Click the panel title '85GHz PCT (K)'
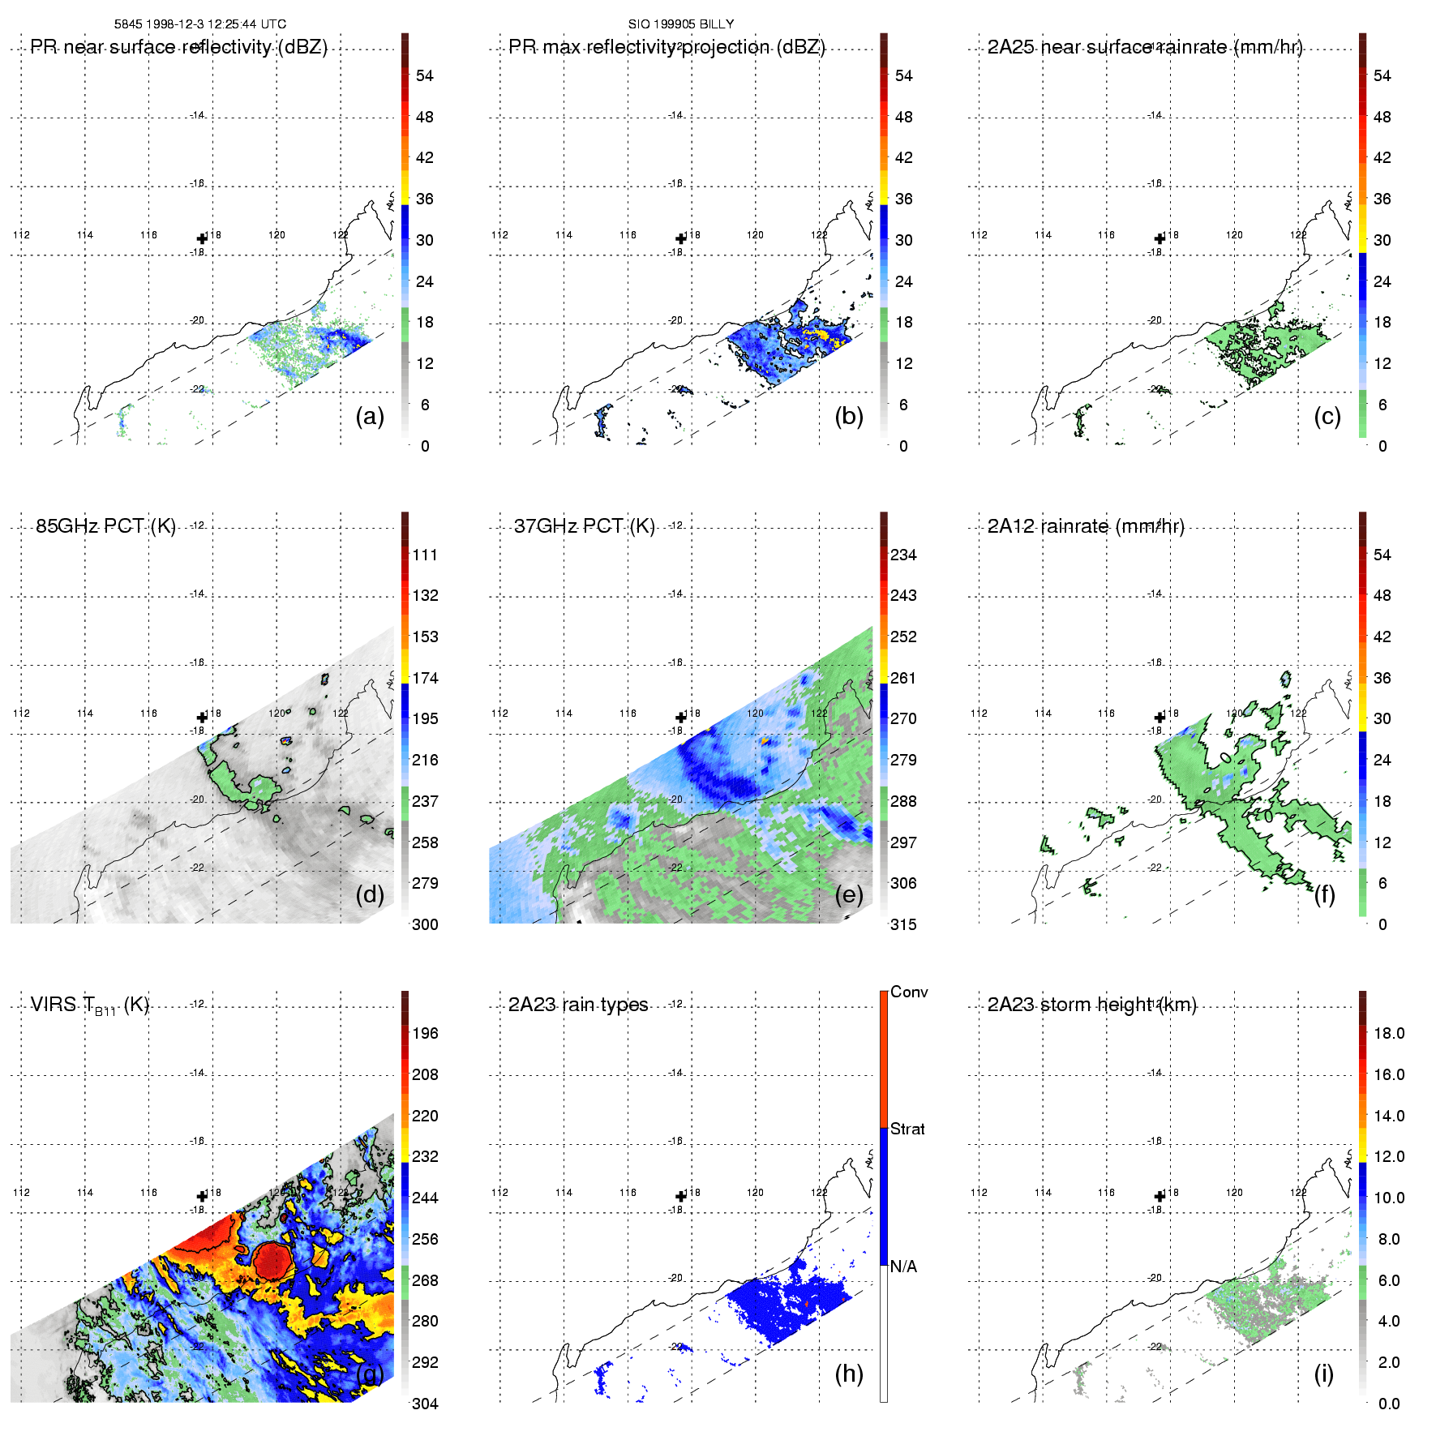tap(105, 526)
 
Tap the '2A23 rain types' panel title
tap(578, 1005)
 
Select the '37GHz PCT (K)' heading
tap(584, 526)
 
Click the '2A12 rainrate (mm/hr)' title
tap(1086, 526)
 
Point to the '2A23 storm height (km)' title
tap(1091, 1005)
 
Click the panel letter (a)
tap(370, 417)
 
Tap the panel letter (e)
tap(849, 895)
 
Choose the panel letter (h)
tap(849, 1374)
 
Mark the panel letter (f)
tap(1324, 895)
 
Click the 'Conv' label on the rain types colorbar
tap(909, 992)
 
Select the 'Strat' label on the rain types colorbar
tap(907, 1130)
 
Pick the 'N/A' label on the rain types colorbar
tap(903, 1267)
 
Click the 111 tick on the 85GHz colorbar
tap(425, 555)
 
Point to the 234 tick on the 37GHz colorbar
tap(903, 555)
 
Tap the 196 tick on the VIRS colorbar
tap(425, 1034)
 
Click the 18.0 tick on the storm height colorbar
tap(1389, 1034)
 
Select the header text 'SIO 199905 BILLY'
tap(681, 24)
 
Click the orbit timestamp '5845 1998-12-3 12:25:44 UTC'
tap(200, 24)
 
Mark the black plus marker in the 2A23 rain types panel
tap(681, 1197)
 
